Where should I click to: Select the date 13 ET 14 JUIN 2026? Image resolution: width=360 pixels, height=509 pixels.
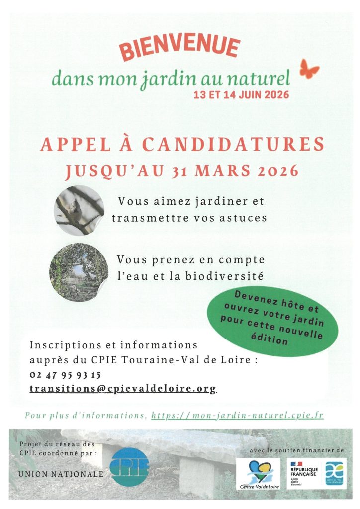click(x=241, y=94)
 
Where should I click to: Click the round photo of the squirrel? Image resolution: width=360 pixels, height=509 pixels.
click(x=79, y=210)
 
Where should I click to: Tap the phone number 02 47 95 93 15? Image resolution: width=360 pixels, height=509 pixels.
click(x=65, y=375)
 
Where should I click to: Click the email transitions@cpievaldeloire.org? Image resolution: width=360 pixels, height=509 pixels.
click(x=123, y=389)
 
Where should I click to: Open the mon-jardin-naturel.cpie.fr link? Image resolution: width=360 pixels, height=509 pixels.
click(x=237, y=415)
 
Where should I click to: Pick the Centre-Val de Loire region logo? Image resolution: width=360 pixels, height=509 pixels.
click(x=258, y=473)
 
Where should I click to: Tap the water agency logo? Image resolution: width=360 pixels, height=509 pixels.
click(x=335, y=473)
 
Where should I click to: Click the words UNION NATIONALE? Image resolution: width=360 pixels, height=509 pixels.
click(x=61, y=474)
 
